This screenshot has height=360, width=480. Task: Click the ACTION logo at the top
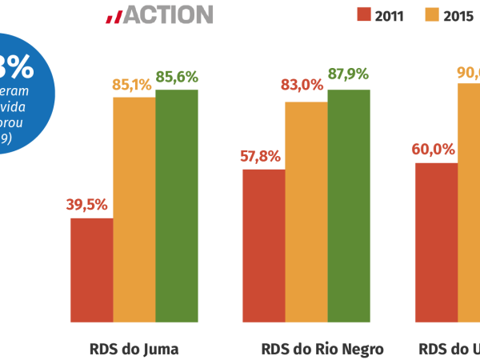(x=158, y=14)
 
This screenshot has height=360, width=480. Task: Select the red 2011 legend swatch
(x=364, y=14)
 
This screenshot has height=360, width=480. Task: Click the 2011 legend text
(x=389, y=14)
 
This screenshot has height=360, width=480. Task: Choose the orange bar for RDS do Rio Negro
(x=306, y=212)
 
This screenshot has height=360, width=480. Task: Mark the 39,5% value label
(x=86, y=205)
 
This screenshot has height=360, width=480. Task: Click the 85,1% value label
(x=132, y=84)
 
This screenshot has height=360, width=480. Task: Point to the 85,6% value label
(x=177, y=78)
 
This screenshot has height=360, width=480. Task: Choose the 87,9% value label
(x=348, y=74)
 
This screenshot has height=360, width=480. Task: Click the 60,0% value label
(x=433, y=150)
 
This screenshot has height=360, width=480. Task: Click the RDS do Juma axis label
(x=134, y=349)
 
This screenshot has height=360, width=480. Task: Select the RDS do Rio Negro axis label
(x=322, y=349)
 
